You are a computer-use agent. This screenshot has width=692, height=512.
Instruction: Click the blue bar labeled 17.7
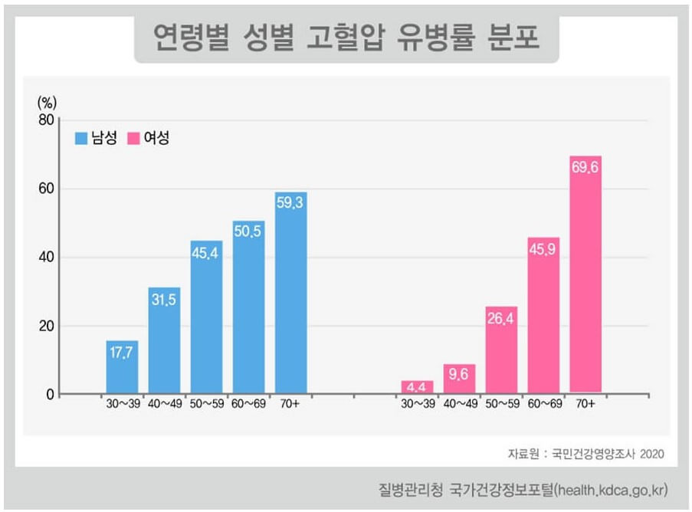122,368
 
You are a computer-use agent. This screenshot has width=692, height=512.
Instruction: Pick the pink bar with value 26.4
501,353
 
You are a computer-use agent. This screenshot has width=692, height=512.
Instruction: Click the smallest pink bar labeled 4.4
417,388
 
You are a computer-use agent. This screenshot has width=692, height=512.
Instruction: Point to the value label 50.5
248,229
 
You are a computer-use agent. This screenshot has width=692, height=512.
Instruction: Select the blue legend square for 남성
81,139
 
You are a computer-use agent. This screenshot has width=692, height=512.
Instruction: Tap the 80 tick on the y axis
45,120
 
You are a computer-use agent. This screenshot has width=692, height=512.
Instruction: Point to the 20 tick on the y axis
45,327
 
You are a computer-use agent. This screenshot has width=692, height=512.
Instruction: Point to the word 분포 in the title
513,37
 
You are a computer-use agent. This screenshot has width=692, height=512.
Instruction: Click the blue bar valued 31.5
164,341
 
